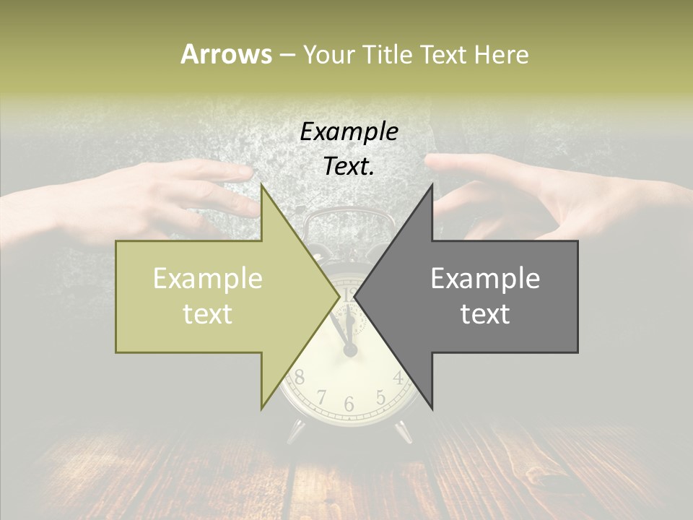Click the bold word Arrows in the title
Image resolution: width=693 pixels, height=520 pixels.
[226, 54]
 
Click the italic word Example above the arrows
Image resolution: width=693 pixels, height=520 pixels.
[349, 131]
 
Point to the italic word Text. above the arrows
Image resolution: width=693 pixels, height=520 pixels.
[349, 167]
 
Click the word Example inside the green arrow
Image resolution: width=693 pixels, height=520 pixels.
[208, 279]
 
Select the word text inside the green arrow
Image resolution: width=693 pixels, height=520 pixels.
[208, 313]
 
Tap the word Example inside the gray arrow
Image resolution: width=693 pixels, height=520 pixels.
[485, 279]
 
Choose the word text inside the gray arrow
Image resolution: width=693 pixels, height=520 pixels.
[485, 313]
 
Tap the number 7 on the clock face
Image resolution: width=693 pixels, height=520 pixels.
[322, 396]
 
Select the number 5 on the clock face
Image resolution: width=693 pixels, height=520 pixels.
[380, 396]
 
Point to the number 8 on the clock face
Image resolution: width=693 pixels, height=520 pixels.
[299, 377]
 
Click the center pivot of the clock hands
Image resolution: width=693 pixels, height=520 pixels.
[350, 350]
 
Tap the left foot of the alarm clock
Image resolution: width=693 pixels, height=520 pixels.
[297, 431]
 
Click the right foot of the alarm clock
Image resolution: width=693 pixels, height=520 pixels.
[403, 431]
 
